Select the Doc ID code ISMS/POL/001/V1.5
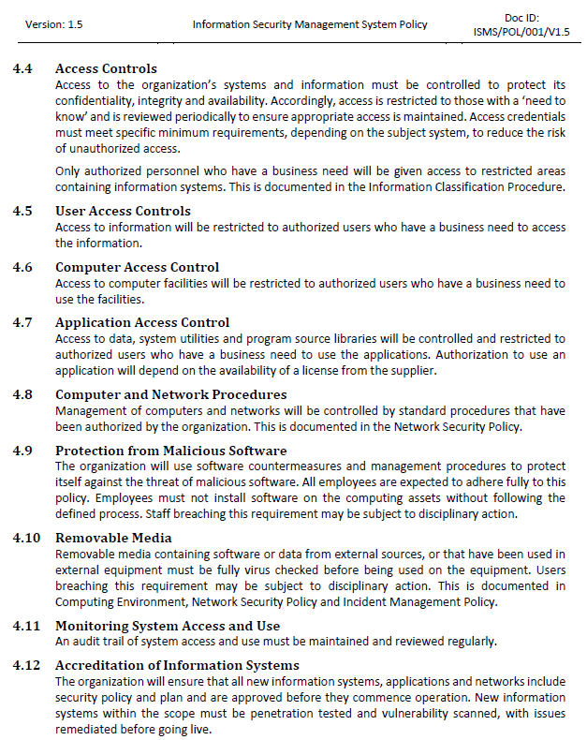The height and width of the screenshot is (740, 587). (521, 32)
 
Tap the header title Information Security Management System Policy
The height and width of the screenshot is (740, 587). (310, 24)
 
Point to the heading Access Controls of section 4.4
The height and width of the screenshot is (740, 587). (106, 68)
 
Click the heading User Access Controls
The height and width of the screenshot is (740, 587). (123, 211)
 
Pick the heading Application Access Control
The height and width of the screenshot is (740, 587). (141, 323)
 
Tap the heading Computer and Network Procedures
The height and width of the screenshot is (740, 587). (170, 394)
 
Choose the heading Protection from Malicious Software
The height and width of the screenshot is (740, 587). (170, 451)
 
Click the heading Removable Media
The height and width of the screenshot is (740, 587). (113, 538)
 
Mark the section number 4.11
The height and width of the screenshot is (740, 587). (27, 626)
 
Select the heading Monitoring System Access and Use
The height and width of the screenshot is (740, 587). (168, 626)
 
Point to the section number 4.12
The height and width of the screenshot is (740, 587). (27, 666)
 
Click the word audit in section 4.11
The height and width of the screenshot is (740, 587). (86, 641)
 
